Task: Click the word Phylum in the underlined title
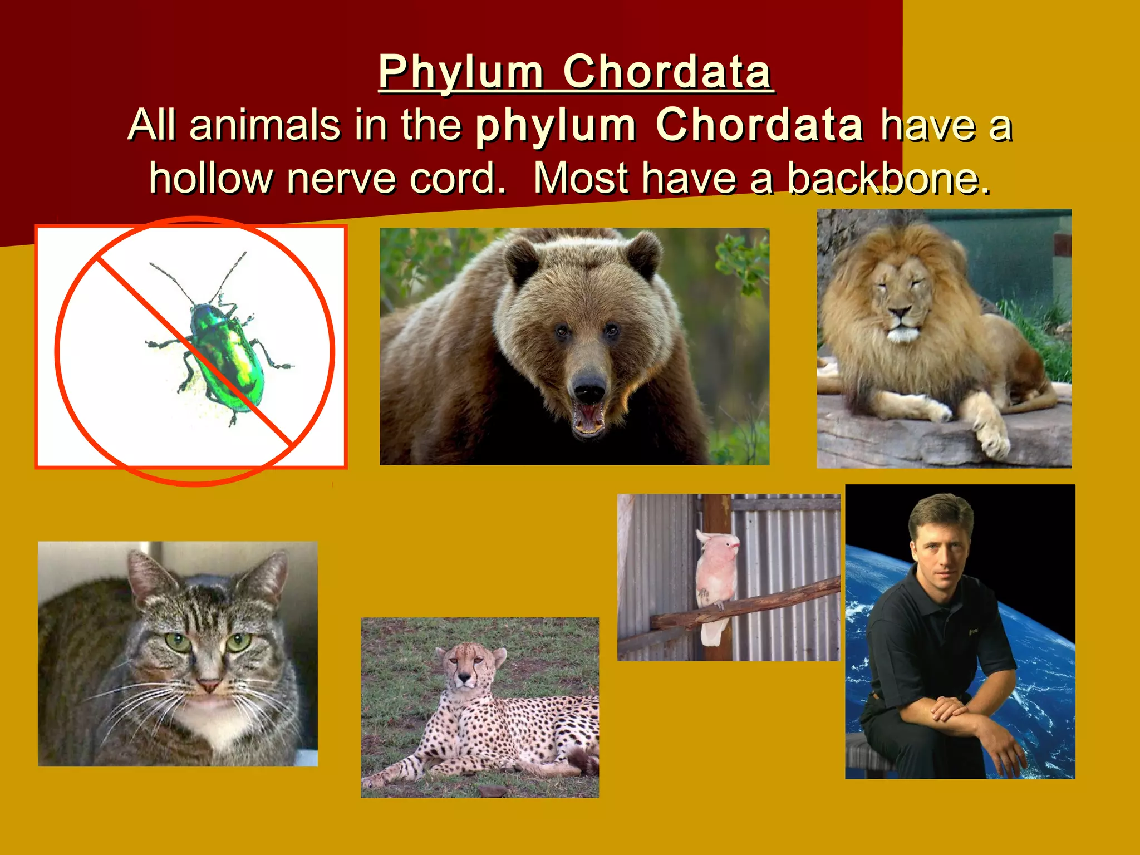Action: pos(461,72)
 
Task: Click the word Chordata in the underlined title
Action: pos(667,72)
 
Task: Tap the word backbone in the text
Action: pos(888,179)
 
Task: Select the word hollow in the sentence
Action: pos(210,179)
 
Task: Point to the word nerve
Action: pos(341,179)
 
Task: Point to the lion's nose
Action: pos(901,312)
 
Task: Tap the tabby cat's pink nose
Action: pos(209,685)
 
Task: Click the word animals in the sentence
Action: pos(265,125)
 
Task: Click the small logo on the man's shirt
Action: pos(972,631)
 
